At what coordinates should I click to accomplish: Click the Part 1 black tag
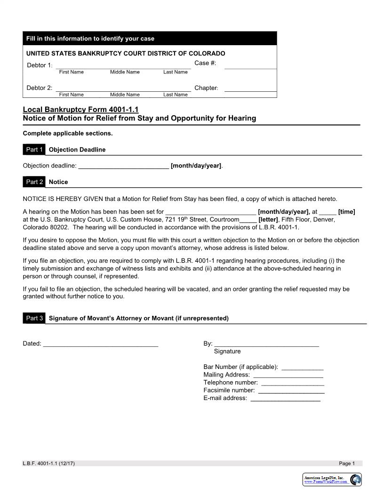coord(34,150)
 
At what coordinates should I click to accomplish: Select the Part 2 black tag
coord(34,182)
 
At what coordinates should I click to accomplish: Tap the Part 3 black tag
coord(34,318)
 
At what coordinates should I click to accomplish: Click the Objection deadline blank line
coord(123,166)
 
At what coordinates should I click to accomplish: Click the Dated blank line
coord(101,344)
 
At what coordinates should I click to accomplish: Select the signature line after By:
coord(266,344)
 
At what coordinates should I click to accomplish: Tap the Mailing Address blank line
coord(288,375)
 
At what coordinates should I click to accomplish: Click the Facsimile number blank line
coord(291,390)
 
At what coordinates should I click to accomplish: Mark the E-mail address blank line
coord(285,398)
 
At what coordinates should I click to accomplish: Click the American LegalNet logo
coord(332,479)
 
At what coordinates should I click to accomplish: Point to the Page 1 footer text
coord(347,464)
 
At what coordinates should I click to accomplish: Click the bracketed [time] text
coord(346,212)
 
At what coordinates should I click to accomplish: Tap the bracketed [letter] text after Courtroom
coord(268,220)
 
